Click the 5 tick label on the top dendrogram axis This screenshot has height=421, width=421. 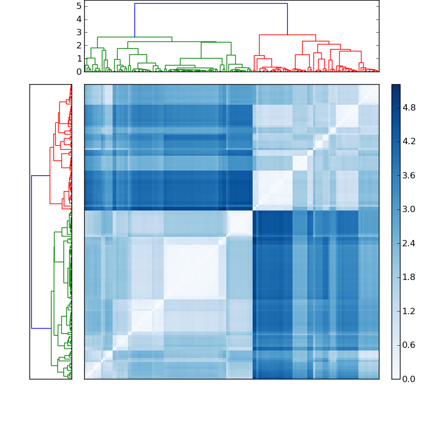(x=78, y=6)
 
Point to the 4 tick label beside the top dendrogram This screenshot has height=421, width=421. (x=78, y=19)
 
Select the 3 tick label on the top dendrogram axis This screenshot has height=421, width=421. (x=78, y=32)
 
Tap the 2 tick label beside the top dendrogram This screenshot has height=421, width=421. (x=78, y=45)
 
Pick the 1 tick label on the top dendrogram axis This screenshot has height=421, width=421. (x=78, y=58)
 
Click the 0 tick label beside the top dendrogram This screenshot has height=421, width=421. (x=78, y=72)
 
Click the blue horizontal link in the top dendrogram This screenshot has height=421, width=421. (x=210, y=4)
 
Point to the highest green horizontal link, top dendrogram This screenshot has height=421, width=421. (x=135, y=37)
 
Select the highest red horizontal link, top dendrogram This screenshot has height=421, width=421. (x=287, y=35)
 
